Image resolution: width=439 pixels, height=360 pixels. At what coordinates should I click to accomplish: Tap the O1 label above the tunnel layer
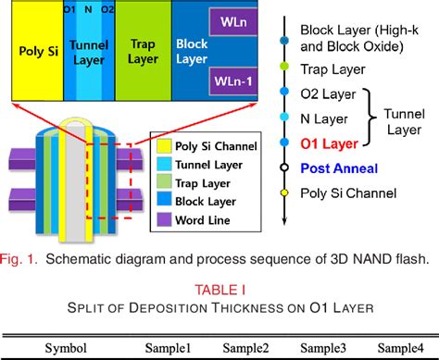click(69, 9)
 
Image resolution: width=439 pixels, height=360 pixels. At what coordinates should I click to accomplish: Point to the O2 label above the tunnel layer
click(107, 9)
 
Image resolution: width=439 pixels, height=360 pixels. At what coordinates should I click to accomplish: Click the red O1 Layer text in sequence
click(328, 143)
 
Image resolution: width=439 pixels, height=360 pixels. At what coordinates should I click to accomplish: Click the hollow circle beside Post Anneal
click(283, 168)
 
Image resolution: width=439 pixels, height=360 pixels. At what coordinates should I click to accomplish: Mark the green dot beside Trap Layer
click(283, 68)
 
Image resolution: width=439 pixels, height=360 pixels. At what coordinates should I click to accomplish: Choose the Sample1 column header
click(169, 349)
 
